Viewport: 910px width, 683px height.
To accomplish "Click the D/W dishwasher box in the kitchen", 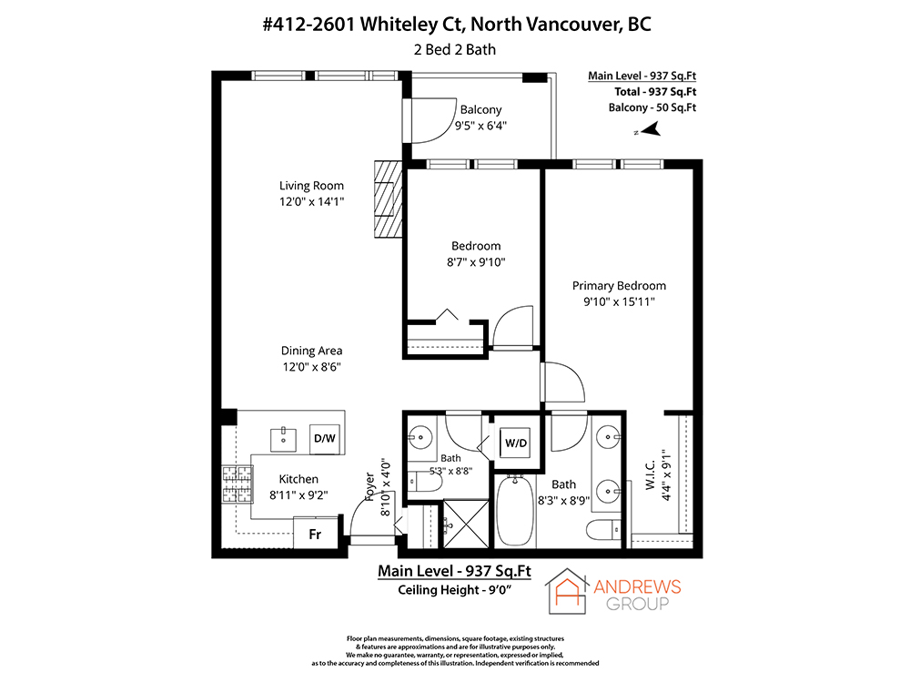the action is pyautogui.click(x=325, y=439).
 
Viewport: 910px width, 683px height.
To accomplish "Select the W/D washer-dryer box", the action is pyautogui.click(x=515, y=443).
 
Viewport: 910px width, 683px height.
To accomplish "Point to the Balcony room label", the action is pyautogui.click(x=480, y=110).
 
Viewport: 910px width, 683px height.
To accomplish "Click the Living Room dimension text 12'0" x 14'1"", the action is pyautogui.click(x=311, y=201).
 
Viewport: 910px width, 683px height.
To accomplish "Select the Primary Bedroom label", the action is pyautogui.click(x=619, y=286).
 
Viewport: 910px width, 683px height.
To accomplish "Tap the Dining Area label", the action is pyautogui.click(x=311, y=351).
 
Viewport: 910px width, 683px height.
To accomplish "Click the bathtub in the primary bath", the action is pyautogui.click(x=515, y=511).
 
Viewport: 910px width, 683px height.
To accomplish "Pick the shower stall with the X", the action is pyautogui.click(x=466, y=524).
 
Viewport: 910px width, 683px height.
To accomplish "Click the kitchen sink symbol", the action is pyautogui.click(x=283, y=440).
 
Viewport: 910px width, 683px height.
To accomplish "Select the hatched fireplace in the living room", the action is pyautogui.click(x=389, y=199).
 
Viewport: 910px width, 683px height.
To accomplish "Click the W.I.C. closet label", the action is pyautogui.click(x=651, y=474).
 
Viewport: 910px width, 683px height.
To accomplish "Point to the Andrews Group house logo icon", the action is pyautogui.click(x=567, y=591).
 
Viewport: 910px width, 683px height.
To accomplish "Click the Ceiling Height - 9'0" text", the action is pyautogui.click(x=454, y=590).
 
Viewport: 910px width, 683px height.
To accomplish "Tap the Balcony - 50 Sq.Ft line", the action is pyautogui.click(x=652, y=107).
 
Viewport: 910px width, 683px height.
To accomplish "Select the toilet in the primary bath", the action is pyautogui.click(x=603, y=530).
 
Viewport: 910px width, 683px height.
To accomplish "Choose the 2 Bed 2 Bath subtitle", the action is pyautogui.click(x=455, y=50).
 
